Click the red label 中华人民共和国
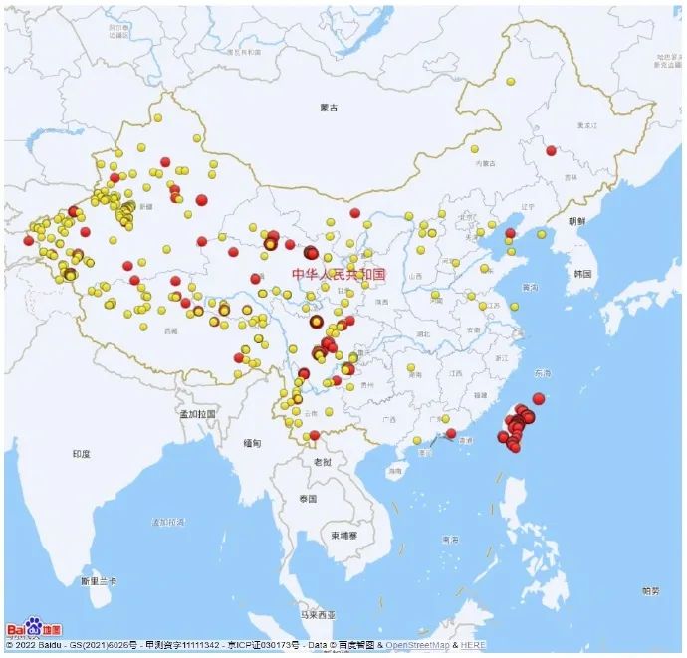pyautogui.click(x=339, y=273)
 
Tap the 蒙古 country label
pyautogui.click(x=330, y=107)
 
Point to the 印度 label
pyautogui.click(x=81, y=454)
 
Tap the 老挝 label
pyautogui.click(x=322, y=462)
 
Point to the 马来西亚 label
pyautogui.click(x=319, y=614)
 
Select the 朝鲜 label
pyautogui.click(x=576, y=221)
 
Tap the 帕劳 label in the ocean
pyautogui.click(x=649, y=591)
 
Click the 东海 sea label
pyautogui.click(x=542, y=374)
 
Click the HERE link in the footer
pyautogui.click(x=474, y=646)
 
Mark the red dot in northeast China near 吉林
pyautogui.click(x=551, y=150)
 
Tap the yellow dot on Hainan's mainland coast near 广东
pyautogui.click(x=417, y=441)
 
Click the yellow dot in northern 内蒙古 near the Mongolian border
pyautogui.click(x=510, y=82)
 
